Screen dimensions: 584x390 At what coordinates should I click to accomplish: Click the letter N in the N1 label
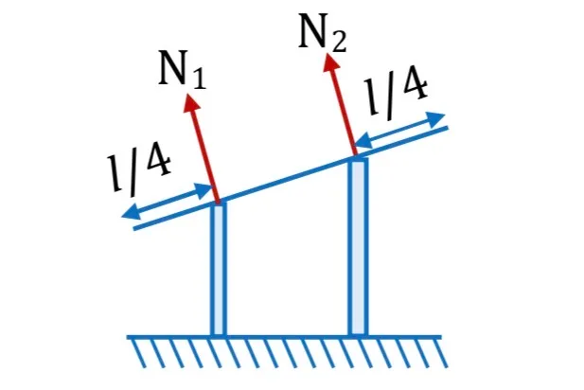172,68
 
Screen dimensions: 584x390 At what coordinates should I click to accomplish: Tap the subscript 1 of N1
199,80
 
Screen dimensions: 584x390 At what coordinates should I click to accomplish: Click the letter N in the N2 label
312,31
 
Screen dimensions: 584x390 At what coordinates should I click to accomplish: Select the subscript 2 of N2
339,42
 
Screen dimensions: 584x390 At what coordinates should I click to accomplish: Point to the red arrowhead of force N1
192,101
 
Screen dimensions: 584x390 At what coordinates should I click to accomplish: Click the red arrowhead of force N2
331,62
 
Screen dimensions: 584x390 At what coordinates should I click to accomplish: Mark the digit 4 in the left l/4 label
158,162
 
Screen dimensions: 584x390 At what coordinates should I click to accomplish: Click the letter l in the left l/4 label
115,173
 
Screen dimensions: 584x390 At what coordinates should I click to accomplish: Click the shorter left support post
219,269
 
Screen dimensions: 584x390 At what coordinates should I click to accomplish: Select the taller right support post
359,247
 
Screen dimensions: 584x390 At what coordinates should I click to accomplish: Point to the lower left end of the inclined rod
134,228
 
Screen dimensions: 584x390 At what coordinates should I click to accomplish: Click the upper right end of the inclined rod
448,128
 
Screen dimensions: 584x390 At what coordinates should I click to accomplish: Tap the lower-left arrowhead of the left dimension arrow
130,213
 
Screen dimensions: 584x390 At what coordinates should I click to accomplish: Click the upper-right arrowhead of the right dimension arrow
436,118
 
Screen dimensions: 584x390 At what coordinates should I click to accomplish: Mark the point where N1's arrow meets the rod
219,202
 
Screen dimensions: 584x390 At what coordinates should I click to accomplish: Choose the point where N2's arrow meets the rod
355,154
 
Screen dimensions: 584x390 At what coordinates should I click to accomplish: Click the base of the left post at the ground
219,336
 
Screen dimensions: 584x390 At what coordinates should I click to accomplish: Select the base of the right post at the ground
359,336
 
